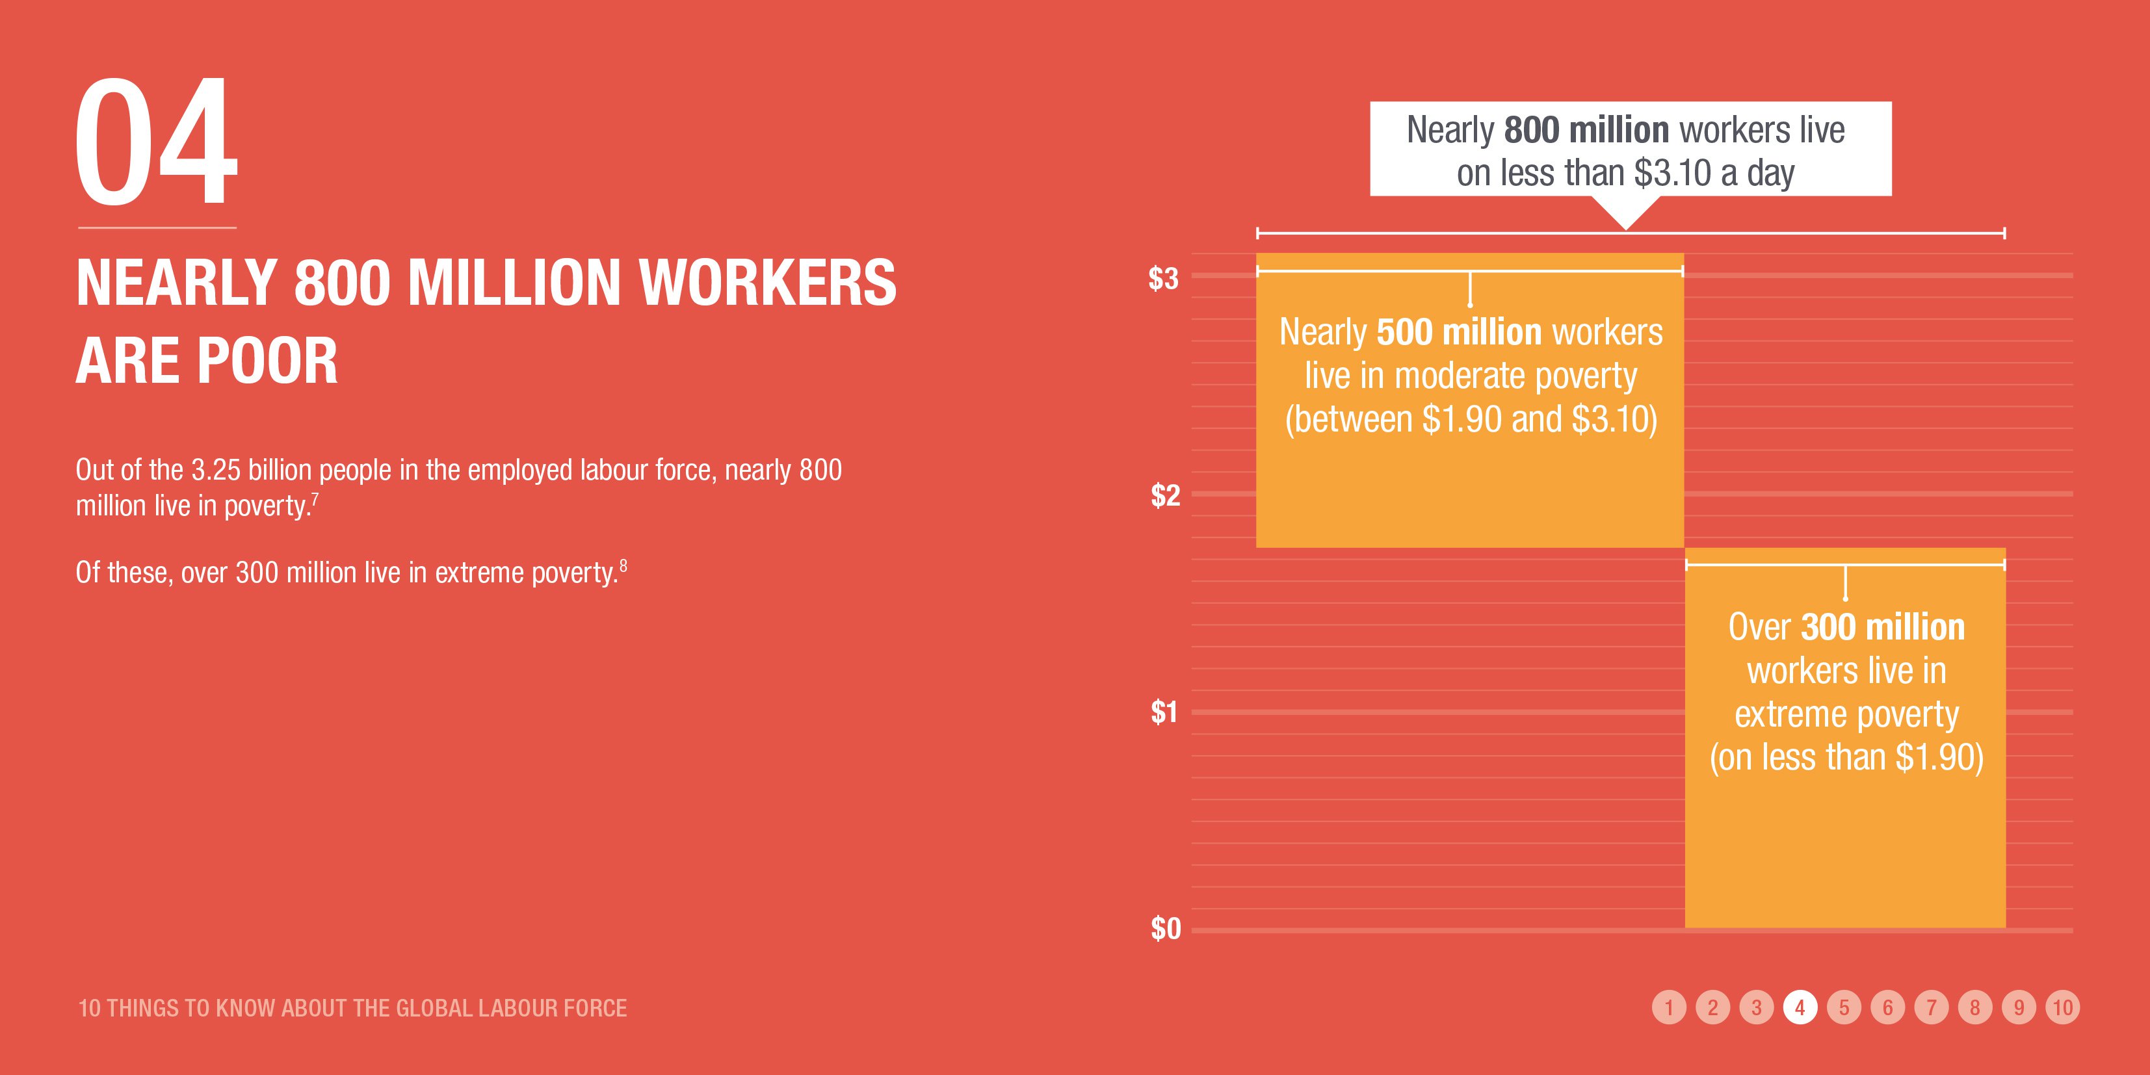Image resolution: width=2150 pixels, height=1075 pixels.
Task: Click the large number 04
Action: (156, 142)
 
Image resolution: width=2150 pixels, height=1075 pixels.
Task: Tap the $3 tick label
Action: (1164, 278)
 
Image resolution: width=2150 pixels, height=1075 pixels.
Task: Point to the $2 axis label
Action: (1165, 495)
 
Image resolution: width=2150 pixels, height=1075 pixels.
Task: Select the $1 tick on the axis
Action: (1164, 712)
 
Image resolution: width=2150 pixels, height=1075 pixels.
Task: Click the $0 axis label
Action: (1165, 928)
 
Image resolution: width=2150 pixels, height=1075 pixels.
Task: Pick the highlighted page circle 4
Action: (1800, 1007)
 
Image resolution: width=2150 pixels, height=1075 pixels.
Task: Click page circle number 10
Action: (2062, 1007)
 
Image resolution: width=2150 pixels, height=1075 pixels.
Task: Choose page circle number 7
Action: (1932, 1007)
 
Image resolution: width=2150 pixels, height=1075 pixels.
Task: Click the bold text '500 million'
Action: (1459, 332)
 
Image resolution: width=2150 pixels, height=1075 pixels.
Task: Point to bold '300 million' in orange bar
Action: (1883, 627)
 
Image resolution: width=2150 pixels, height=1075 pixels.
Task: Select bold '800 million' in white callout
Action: (1586, 130)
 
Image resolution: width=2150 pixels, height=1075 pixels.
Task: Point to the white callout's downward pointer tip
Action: (1625, 228)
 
